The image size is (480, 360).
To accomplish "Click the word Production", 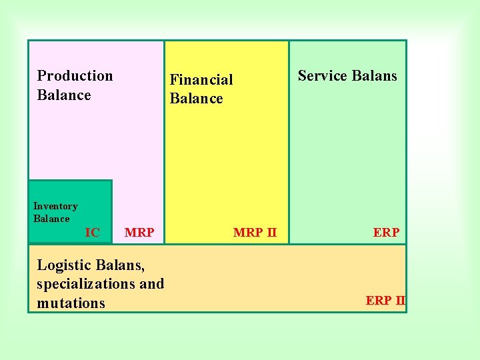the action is pyautogui.click(x=75, y=76).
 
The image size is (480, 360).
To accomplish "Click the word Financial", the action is pyautogui.click(x=201, y=80).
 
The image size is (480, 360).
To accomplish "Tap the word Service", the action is pyautogui.click(x=322, y=76).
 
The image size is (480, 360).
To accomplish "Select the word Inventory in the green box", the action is pyautogui.click(x=55, y=207).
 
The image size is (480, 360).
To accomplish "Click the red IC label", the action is pyautogui.click(x=93, y=233).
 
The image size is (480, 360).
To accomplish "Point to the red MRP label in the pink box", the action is pyautogui.click(x=139, y=233).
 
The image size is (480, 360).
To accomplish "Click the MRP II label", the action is pyautogui.click(x=255, y=233).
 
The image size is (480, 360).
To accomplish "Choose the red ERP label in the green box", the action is pyautogui.click(x=386, y=233).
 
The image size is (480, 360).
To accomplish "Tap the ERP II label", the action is pyautogui.click(x=385, y=301).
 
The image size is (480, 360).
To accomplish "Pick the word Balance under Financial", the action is pyautogui.click(x=196, y=99).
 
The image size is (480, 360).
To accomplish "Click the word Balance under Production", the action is pyautogui.click(x=64, y=95).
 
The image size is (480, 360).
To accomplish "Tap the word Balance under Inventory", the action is pyautogui.click(x=51, y=219).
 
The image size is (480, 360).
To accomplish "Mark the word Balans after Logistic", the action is pyautogui.click(x=121, y=265).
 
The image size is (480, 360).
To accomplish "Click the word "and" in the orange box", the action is pyautogui.click(x=151, y=284).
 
